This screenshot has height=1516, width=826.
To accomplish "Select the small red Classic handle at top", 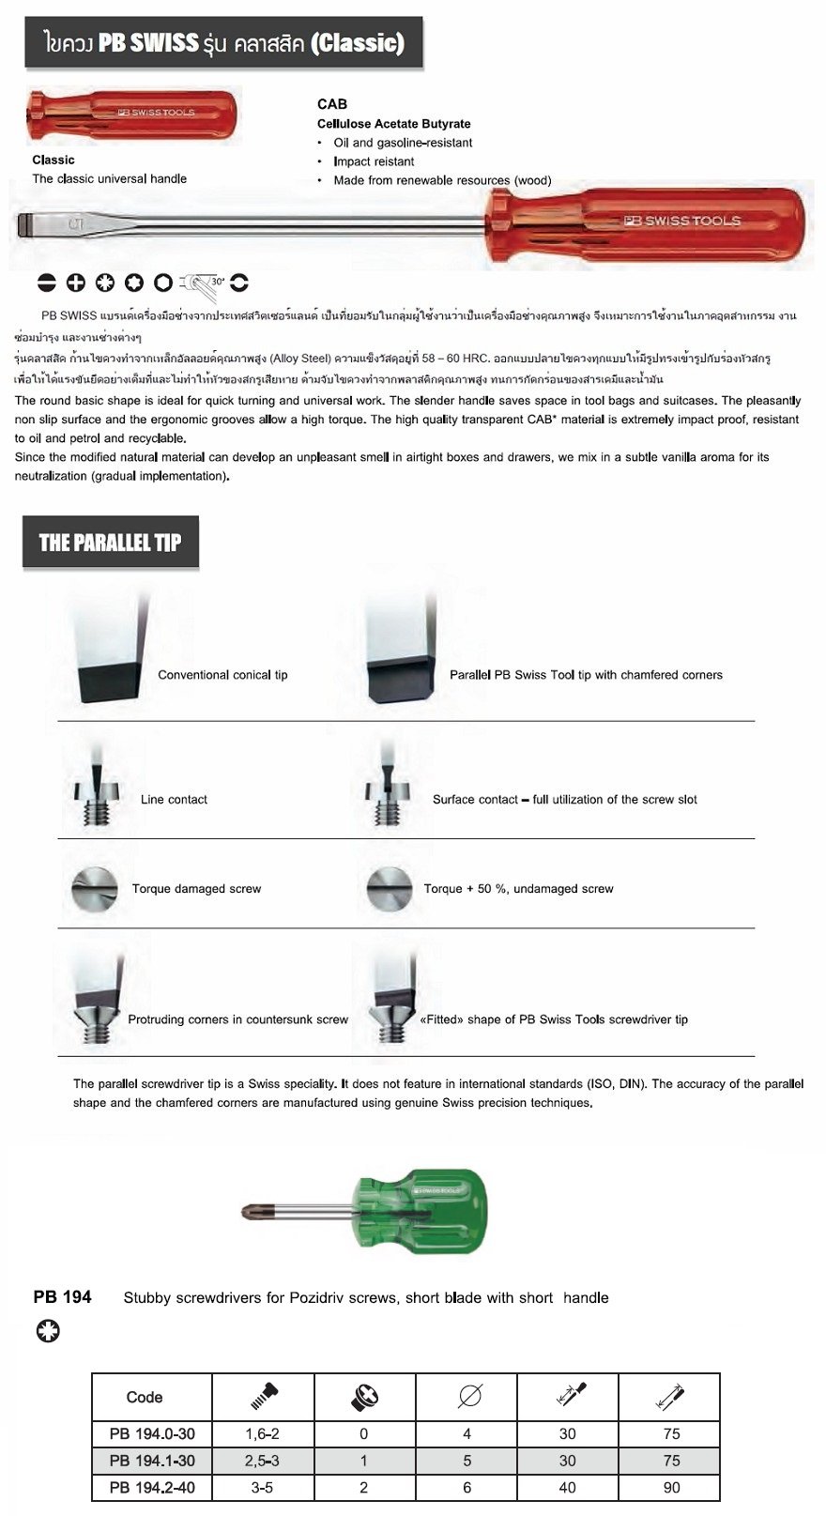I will pyautogui.click(x=131, y=115).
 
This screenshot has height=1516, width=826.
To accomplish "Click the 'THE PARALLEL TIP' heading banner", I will pyautogui.click(x=110, y=542).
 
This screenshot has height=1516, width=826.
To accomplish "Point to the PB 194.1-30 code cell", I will pyautogui.click(x=152, y=1461).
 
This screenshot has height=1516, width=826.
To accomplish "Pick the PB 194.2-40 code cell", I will pyautogui.click(x=152, y=1487).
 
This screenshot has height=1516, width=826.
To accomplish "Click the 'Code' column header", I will pyautogui.click(x=145, y=1397).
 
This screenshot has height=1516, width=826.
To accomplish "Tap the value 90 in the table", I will pyautogui.click(x=670, y=1487).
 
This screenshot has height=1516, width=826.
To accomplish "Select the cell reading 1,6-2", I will pyautogui.click(x=263, y=1433).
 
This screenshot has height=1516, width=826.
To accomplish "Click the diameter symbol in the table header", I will pyautogui.click(x=469, y=1397).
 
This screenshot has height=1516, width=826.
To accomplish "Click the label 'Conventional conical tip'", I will pyautogui.click(x=222, y=675).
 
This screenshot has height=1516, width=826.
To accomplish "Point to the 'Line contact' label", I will pyautogui.click(x=174, y=800).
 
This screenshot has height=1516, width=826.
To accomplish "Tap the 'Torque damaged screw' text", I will pyautogui.click(x=196, y=889).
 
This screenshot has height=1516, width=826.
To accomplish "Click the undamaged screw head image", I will pyautogui.click(x=389, y=888).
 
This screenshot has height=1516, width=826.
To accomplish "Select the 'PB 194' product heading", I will pyautogui.click(x=62, y=1297).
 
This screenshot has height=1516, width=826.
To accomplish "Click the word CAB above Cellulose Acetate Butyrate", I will pyautogui.click(x=332, y=104).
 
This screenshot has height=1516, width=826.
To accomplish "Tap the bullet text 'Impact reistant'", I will pyautogui.click(x=374, y=161).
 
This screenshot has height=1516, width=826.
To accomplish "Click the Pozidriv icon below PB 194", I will pyautogui.click(x=47, y=1330).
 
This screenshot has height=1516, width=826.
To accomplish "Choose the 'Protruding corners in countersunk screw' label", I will pyautogui.click(x=237, y=1019).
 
